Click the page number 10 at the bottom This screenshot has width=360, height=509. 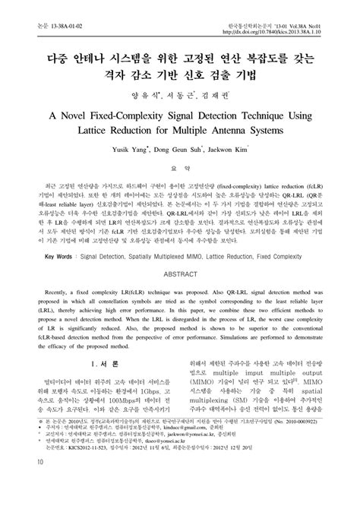click(x=30, y=502)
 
